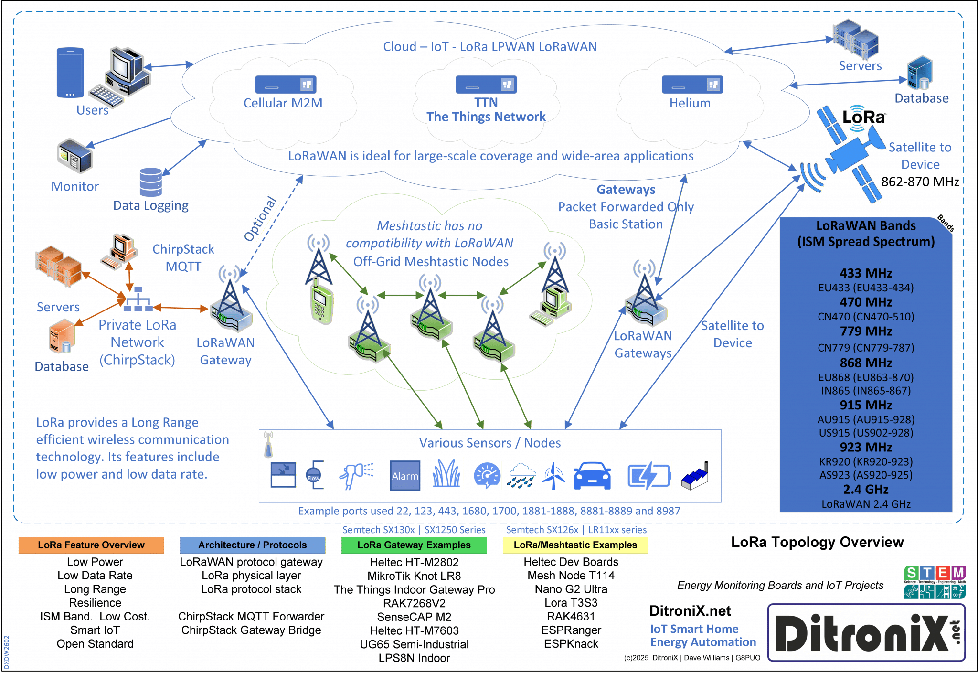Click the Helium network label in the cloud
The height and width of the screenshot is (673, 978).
[690, 103]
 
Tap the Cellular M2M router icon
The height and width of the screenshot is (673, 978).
[286, 85]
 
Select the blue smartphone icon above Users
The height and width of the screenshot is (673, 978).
[70, 72]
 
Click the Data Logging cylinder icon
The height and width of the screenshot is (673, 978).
[151, 182]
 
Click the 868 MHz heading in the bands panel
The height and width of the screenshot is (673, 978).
[866, 363]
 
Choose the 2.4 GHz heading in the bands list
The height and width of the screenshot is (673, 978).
[866, 489]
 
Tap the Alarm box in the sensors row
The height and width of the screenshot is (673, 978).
[405, 476]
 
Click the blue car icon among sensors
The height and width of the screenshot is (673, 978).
[592, 476]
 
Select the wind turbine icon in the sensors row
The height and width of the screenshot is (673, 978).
[553, 476]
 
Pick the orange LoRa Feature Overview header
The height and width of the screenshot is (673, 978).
[91, 545]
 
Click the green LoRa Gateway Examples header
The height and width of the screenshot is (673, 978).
[414, 545]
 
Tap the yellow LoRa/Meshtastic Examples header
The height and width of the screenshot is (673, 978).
[575, 545]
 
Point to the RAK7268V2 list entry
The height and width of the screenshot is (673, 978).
[414, 603]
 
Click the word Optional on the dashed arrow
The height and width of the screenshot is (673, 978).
[260, 219]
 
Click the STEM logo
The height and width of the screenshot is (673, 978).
[935, 582]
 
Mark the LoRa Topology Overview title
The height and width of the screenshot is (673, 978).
[817, 542]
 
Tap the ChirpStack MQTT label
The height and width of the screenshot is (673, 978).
[183, 258]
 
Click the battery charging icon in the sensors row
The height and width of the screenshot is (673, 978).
[648, 476]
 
